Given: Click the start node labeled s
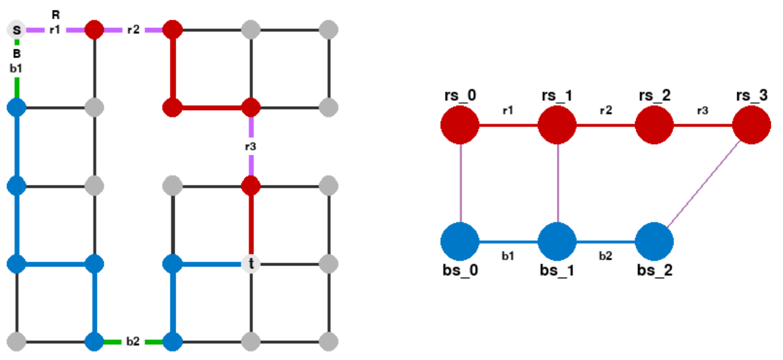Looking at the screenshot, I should pyautogui.click(x=16, y=29).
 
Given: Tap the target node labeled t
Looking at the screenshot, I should pyautogui.click(x=251, y=264).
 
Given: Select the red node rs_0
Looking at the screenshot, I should pyautogui.click(x=460, y=125).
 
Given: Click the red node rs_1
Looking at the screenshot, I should pyautogui.click(x=557, y=125).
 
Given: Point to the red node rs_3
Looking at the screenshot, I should pyautogui.click(x=752, y=125).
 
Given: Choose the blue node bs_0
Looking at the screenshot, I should pyautogui.click(x=460, y=241).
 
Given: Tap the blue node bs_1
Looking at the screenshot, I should pyautogui.click(x=557, y=241).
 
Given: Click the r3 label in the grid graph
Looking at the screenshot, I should pyautogui.click(x=251, y=147).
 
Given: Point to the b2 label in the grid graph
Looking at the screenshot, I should pyautogui.click(x=133, y=341).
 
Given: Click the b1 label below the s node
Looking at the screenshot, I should pyautogui.click(x=16, y=68).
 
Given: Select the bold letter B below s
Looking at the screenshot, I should pyautogui.click(x=16, y=53).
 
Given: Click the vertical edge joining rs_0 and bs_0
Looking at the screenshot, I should pyautogui.click(x=460, y=183).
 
